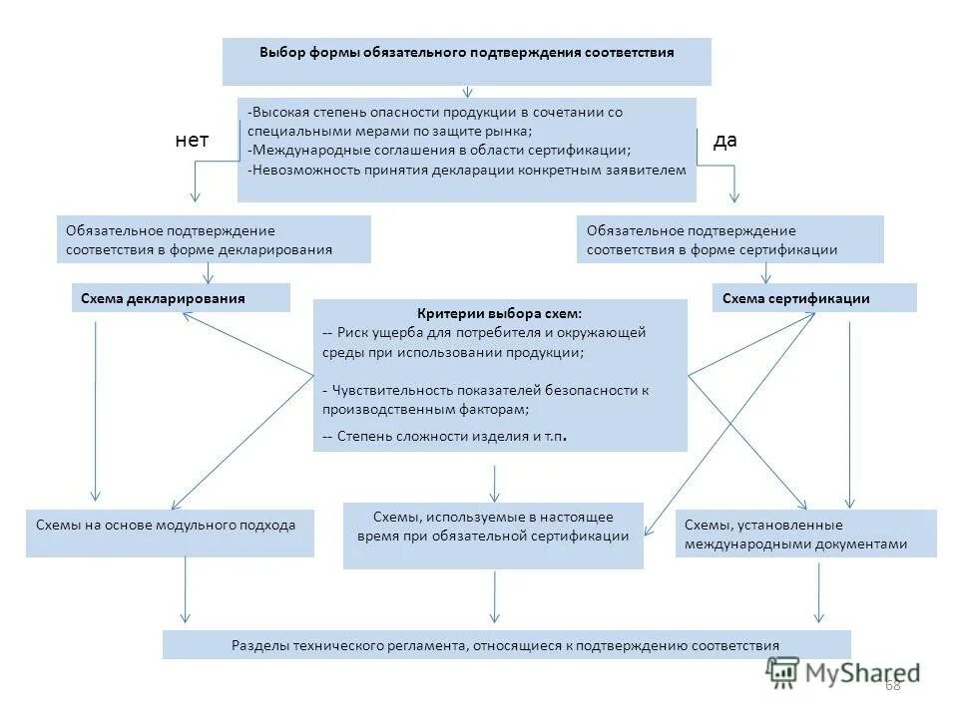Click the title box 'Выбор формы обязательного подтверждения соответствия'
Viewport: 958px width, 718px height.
(x=466, y=60)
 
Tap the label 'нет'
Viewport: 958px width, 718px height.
(x=192, y=141)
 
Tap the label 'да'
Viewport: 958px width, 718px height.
(x=725, y=141)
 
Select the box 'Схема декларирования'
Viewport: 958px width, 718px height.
(x=181, y=298)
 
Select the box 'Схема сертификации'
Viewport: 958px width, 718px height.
(x=813, y=298)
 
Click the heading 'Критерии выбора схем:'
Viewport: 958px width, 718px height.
(x=499, y=313)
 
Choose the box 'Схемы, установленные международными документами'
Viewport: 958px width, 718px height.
(x=805, y=534)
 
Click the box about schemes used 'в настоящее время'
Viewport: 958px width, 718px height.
(x=493, y=535)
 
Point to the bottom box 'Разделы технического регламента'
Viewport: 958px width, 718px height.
(x=506, y=644)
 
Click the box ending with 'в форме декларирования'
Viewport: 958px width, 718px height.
(x=214, y=239)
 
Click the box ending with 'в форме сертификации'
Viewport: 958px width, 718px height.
(x=729, y=239)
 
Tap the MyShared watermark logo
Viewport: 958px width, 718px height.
(x=844, y=671)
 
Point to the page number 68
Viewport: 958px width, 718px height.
(x=892, y=684)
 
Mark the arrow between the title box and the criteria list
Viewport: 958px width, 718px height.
(x=467, y=92)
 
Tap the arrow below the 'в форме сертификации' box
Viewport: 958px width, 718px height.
(x=765, y=273)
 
